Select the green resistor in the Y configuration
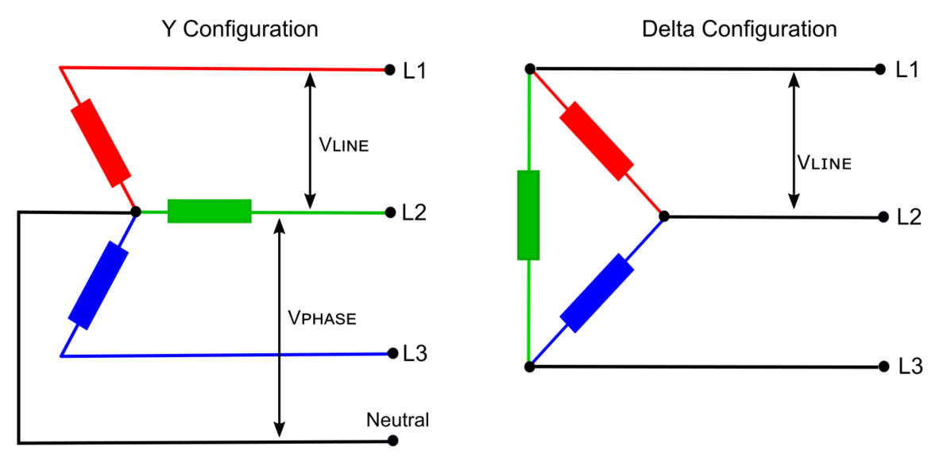point(210,212)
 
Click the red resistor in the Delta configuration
point(597,140)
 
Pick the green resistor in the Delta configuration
point(528,215)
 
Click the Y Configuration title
point(239,29)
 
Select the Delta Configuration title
point(740,29)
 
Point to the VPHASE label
point(322,318)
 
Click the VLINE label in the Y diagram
point(344,146)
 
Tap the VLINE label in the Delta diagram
point(824,163)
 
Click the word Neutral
point(397,420)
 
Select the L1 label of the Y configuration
point(415,71)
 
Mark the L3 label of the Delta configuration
point(910,367)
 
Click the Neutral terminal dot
point(390,440)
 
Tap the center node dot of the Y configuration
point(136,212)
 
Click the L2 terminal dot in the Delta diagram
point(883,216)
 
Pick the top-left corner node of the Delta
point(530,69)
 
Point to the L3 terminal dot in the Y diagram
point(390,354)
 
